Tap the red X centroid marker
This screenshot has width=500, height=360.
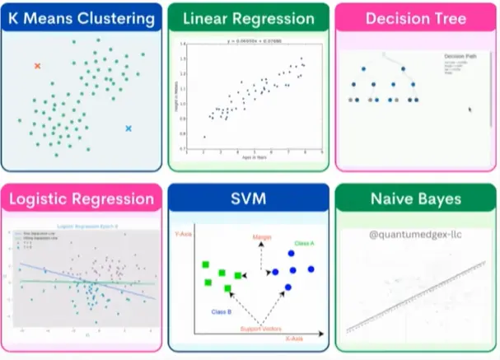37,65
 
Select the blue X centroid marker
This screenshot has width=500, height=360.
129,129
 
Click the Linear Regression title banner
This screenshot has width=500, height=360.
248,18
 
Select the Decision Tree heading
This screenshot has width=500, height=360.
415,18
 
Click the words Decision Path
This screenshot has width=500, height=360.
460,56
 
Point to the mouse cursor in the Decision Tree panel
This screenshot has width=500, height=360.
470,109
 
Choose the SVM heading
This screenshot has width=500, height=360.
248,199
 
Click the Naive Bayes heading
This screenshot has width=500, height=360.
415,199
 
